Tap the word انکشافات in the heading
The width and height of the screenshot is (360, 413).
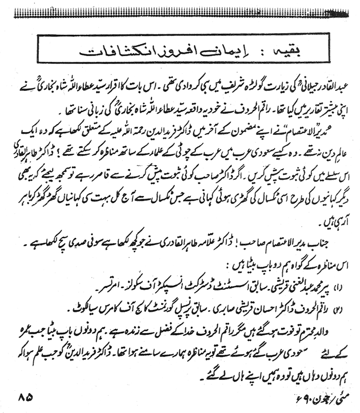point(111,50)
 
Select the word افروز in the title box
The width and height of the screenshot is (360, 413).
point(173,50)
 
